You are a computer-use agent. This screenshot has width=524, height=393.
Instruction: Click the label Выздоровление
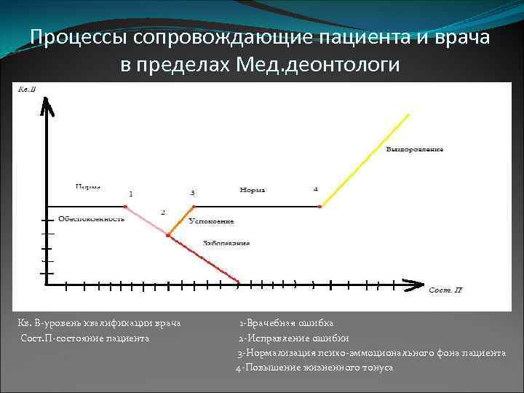pos(414,149)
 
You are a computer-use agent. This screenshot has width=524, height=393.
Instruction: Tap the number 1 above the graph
pos(130,194)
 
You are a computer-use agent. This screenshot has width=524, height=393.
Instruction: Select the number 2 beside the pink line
pos(162,213)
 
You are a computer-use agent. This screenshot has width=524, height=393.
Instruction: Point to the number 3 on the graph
pos(192,193)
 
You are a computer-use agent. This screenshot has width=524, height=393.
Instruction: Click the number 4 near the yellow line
pos(315,189)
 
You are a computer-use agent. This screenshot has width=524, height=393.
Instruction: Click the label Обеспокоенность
pos(92,218)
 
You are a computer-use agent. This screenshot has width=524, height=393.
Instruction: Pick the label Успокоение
pos(210,221)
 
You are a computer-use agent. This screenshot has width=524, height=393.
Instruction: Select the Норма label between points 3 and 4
pos(252,190)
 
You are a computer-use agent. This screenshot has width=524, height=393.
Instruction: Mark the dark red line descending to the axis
pos(205,259)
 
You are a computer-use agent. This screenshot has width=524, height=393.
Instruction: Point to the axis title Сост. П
pos(445,290)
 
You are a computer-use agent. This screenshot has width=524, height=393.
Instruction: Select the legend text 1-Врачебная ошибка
pos(287,323)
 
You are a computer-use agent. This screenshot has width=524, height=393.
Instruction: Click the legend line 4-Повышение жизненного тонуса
pos(314,368)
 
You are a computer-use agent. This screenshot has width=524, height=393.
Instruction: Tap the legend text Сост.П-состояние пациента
pos(85,338)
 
